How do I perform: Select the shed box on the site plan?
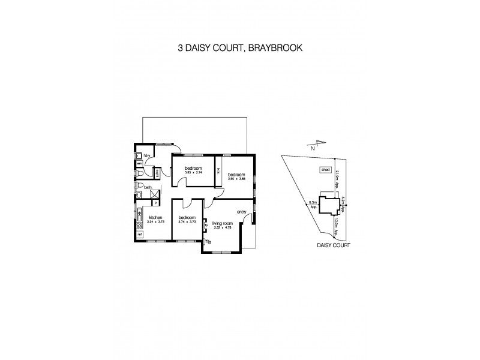(326, 170)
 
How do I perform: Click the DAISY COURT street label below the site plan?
(333, 245)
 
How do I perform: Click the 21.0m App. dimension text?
(338, 179)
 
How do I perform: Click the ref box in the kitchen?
(139, 235)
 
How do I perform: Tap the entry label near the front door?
(242, 211)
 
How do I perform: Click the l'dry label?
(146, 155)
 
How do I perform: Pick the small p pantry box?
(155, 203)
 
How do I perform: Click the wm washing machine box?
(139, 163)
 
